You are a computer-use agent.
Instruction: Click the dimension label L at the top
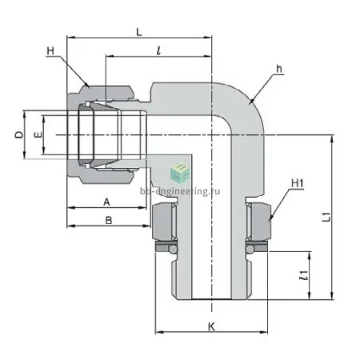coord(139,32)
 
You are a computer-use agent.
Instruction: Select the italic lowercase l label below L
coord(158,50)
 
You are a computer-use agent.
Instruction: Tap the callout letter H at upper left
coord(50,50)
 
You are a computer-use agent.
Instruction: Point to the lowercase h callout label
coord(279,69)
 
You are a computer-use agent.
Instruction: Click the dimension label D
coord(19,134)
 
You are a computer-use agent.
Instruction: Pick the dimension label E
coord(38,134)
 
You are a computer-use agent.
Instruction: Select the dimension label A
coord(106,202)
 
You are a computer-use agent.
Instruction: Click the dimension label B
coord(109,221)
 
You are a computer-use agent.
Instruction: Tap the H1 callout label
coord(298,183)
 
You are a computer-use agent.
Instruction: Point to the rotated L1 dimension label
coord(326,217)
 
